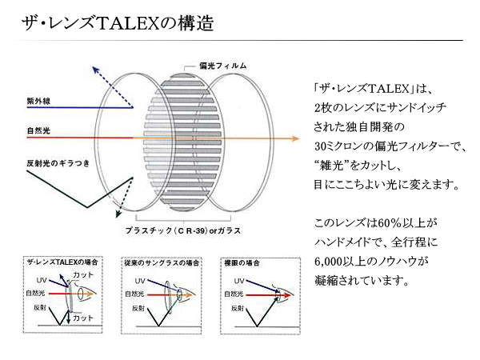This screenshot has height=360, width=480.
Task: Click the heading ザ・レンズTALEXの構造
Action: (118, 23)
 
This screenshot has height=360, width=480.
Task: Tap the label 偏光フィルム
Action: (223, 66)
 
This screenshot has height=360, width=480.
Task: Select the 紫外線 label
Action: (38, 101)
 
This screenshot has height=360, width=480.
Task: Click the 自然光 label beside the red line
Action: (38, 131)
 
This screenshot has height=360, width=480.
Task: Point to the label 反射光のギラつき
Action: (58, 163)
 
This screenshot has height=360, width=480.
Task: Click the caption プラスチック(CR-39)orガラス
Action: (183, 230)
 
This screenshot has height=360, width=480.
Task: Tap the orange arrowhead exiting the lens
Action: (296, 138)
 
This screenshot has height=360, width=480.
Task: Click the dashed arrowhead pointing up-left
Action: (96, 70)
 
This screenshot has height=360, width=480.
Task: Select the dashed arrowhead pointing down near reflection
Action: (118, 214)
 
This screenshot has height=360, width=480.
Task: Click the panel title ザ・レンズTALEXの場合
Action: (62, 262)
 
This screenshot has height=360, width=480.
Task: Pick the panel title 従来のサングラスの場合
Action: (162, 263)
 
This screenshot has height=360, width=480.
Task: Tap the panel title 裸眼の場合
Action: (242, 263)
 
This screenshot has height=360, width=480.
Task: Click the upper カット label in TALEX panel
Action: (83, 275)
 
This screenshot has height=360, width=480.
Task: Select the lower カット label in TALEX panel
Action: (83, 318)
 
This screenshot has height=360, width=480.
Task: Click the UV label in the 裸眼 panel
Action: (239, 281)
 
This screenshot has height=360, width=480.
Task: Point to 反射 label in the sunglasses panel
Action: (138, 309)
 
